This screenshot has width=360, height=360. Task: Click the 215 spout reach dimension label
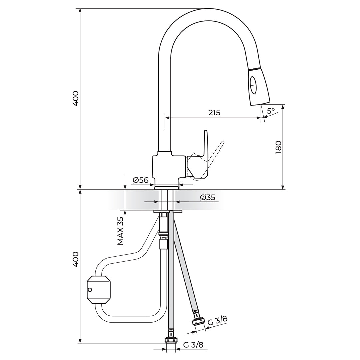(x=214, y=113)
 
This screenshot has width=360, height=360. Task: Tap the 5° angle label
(x=271, y=110)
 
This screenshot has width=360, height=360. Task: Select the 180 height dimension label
(x=279, y=147)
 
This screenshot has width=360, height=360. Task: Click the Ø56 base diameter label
(x=140, y=180)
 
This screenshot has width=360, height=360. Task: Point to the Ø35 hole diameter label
(x=207, y=197)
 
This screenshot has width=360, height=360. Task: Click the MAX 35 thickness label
(x=120, y=231)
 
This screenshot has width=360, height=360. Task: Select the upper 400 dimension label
(x=76, y=98)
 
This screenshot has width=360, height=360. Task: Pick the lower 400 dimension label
(x=76, y=259)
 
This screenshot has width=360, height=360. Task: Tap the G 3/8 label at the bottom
(x=193, y=345)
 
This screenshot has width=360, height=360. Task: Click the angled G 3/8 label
(x=217, y=321)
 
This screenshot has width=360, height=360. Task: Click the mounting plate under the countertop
(x=168, y=211)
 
